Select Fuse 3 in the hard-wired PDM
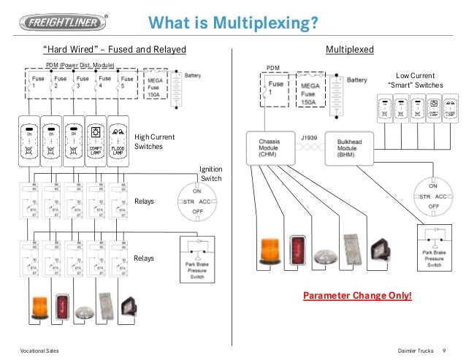click(x=83, y=82)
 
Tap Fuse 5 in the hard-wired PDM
click(x=127, y=82)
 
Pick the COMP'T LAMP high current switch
click(x=96, y=137)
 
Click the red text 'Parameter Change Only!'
click(x=357, y=296)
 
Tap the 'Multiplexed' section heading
click(x=349, y=50)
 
